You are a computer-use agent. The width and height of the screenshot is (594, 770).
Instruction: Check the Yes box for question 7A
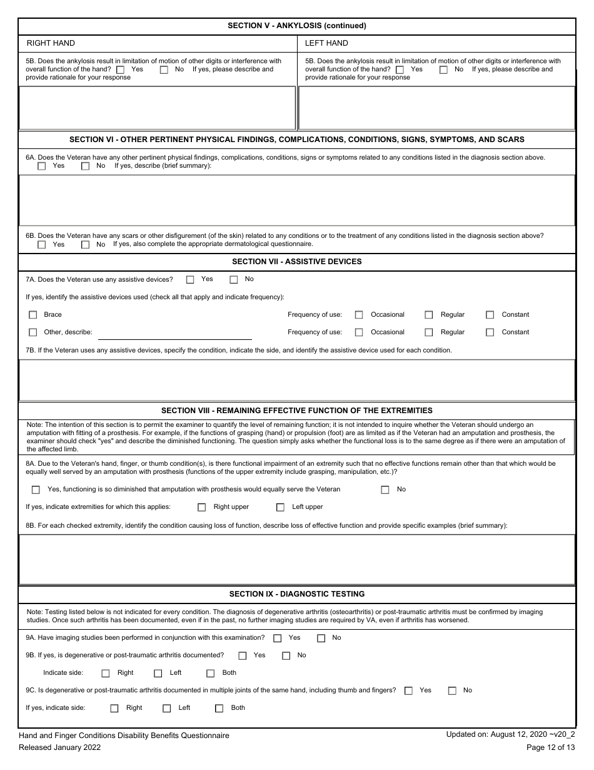pos(191,280)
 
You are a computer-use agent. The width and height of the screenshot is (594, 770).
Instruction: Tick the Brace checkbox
pos(33,315)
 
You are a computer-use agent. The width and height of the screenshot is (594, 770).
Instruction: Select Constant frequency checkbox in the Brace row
pos(490,315)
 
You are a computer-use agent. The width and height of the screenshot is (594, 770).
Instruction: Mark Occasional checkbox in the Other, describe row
pos(359,332)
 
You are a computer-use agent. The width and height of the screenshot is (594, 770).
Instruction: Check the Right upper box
pos(201,507)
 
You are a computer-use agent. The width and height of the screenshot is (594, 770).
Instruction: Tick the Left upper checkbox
pos(280,507)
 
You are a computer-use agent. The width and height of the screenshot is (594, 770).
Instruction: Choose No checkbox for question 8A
pos(385,490)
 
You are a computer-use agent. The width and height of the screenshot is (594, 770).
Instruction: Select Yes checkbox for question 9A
pos(277,638)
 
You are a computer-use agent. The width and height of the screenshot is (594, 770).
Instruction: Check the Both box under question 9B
pos(211,673)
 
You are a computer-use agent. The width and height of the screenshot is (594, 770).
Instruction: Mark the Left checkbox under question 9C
pos(167,708)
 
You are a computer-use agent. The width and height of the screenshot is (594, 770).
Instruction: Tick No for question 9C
pos(452,690)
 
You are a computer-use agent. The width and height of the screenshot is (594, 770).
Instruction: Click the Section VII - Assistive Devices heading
pos(296,262)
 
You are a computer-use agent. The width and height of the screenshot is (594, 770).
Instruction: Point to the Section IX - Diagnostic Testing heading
pos(296,593)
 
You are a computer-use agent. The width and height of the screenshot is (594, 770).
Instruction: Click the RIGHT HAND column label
pos(51,43)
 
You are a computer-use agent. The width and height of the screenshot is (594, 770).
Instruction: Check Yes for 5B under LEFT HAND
pos(400,69)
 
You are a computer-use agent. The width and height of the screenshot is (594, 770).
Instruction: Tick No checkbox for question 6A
pos(86,167)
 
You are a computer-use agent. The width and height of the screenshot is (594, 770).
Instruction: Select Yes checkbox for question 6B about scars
pos(42,245)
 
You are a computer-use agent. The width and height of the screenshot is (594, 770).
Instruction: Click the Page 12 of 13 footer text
pos(550,747)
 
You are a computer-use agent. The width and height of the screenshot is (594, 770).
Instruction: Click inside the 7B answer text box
pos(296,379)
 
